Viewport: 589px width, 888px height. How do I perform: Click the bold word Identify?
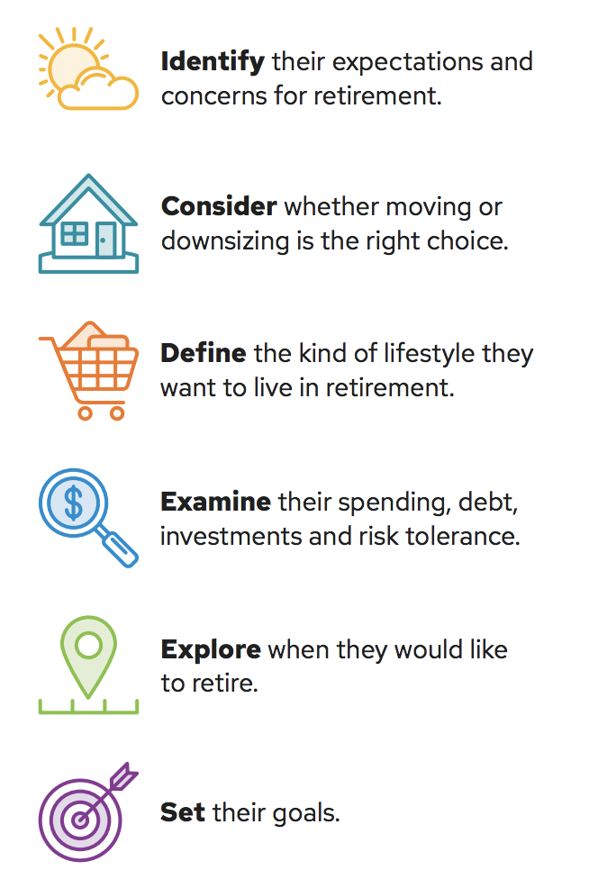click(x=213, y=62)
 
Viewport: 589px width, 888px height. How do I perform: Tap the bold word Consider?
click(x=219, y=206)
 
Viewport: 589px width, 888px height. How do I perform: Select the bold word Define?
click(x=204, y=353)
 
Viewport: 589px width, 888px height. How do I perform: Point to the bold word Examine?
click(x=216, y=502)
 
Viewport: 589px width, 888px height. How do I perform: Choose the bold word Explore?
click(x=211, y=650)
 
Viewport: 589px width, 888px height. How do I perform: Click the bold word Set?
click(x=182, y=812)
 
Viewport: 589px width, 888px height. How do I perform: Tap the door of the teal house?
click(x=105, y=240)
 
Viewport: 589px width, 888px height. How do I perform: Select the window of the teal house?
click(x=74, y=233)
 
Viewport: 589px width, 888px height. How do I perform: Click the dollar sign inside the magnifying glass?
click(x=74, y=503)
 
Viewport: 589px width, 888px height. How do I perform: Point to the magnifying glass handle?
click(x=120, y=548)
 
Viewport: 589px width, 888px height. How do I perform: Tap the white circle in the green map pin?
click(x=88, y=645)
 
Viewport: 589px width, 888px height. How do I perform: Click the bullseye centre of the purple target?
click(x=80, y=820)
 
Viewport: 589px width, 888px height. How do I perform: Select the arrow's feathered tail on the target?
click(x=124, y=775)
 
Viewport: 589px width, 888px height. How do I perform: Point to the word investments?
click(x=231, y=536)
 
